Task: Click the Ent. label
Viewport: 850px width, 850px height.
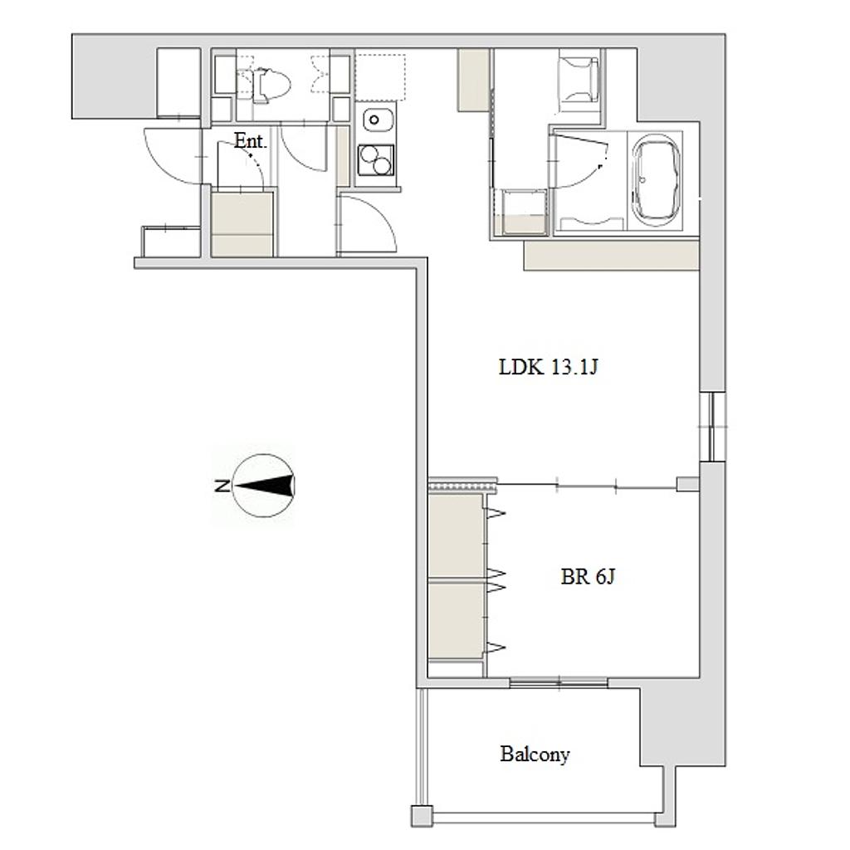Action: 251,141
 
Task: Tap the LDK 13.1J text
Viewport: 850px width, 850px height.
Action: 548,368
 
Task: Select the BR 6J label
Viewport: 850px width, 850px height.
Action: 588,576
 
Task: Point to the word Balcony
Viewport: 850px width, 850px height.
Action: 535,755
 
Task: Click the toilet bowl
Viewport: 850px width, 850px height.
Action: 271,85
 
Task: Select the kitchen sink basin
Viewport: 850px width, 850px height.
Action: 374,120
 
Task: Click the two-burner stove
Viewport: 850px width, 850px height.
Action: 375,160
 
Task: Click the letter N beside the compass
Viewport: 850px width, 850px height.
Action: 221,486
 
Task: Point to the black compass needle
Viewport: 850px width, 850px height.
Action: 265,485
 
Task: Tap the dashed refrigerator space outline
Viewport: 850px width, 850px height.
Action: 380,77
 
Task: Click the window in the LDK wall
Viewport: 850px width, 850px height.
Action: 712,426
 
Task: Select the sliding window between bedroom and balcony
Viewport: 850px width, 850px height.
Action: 559,682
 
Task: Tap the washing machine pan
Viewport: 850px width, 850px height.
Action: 525,212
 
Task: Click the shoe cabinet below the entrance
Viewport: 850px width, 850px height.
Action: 242,224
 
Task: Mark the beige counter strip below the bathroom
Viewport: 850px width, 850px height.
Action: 612,256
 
